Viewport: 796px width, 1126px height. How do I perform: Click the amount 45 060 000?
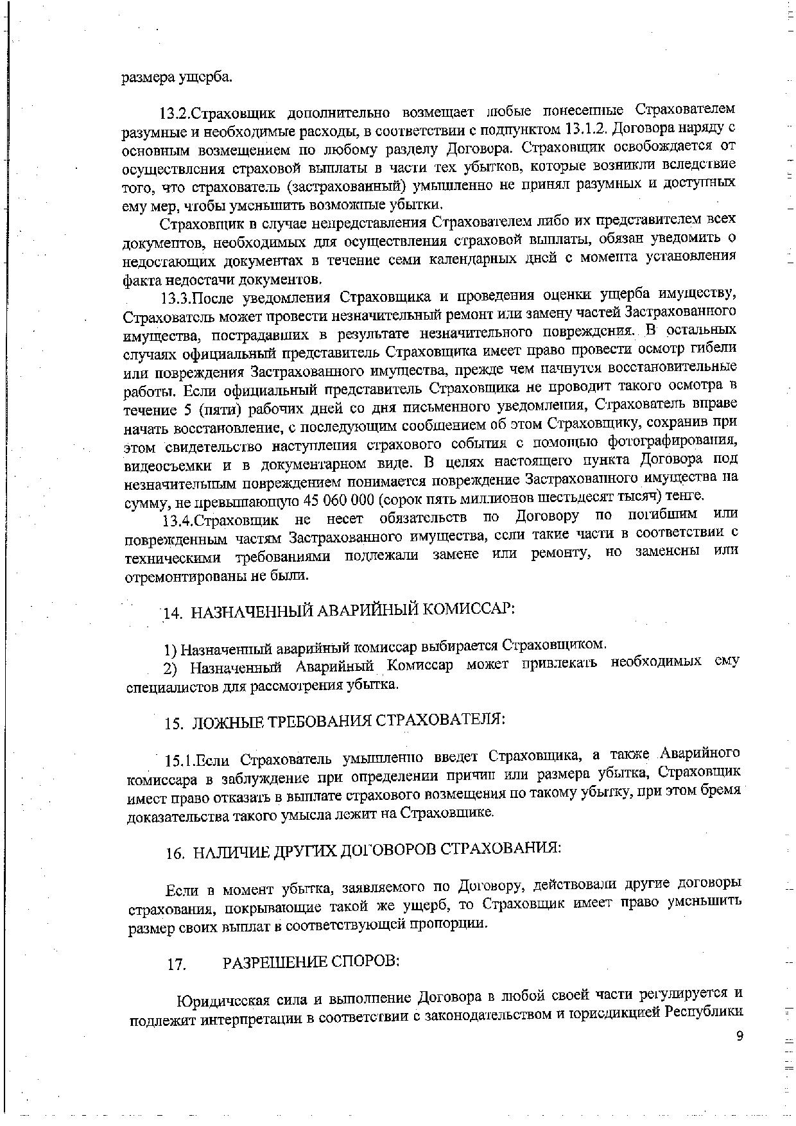(x=344, y=499)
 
